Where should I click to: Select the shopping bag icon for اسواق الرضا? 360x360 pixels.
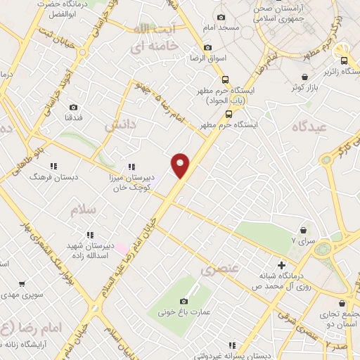(207, 48)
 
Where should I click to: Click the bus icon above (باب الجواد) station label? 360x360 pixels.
(224, 79)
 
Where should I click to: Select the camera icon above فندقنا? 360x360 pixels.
(74, 108)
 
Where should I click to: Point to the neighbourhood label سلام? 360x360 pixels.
(82, 210)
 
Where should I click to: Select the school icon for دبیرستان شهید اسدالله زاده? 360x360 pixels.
(89, 235)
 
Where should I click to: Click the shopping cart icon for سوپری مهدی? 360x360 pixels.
(22, 284)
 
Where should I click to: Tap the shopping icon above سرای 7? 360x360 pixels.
(304, 230)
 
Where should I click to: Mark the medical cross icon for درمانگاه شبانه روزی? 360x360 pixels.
(281, 266)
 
